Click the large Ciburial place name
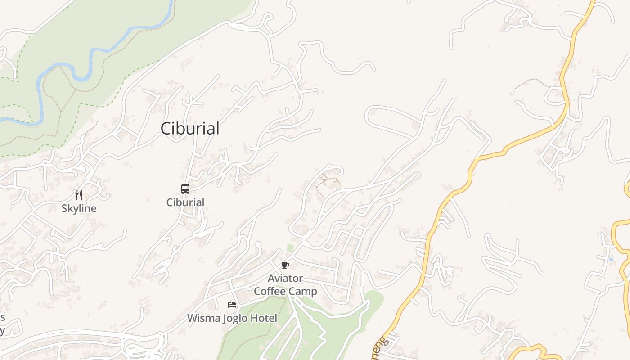[190, 129]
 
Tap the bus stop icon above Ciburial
[185, 189]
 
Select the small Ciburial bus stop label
[185, 202]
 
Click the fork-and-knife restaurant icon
[79, 195]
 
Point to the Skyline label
[79, 208]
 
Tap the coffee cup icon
[285, 265]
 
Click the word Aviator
[285, 278]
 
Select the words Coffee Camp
[285, 291]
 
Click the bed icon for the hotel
[232, 305]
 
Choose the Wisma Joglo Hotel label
[232, 318]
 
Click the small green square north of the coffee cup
[290, 248]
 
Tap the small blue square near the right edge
[611, 260]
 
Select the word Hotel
[265, 318]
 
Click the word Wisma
[202, 318]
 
